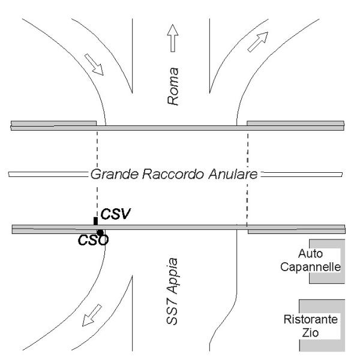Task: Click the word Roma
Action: pyautogui.click(x=173, y=86)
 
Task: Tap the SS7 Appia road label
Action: pyautogui.click(x=172, y=292)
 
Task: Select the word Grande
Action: pyautogui.click(x=115, y=174)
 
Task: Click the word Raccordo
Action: pyautogui.click(x=173, y=174)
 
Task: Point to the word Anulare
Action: pyautogui.click(x=233, y=174)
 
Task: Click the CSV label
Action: pyautogui.click(x=115, y=214)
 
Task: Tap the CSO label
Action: pyautogui.click(x=93, y=241)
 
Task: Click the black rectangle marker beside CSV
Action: pyautogui.click(x=96, y=221)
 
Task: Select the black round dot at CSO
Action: pyautogui.click(x=100, y=233)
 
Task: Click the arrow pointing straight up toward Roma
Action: pyautogui.click(x=173, y=38)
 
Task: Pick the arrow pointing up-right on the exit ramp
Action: pyautogui.click(x=258, y=42)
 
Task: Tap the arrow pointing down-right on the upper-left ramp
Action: pyautogui.click(x=94, y=65)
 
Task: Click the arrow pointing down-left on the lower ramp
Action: pyautogui.click(x=92, y=315)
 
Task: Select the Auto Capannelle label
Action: pyautogui.click(x=310, y=260)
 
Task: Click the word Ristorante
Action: pyautogui.click(x=311, y=319)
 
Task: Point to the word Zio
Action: pyautogui.click(x=310, y=332)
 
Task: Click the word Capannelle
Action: pyautogui.click(x=310, y=267)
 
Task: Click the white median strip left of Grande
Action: pyautogui.click(x=48, y=175)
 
